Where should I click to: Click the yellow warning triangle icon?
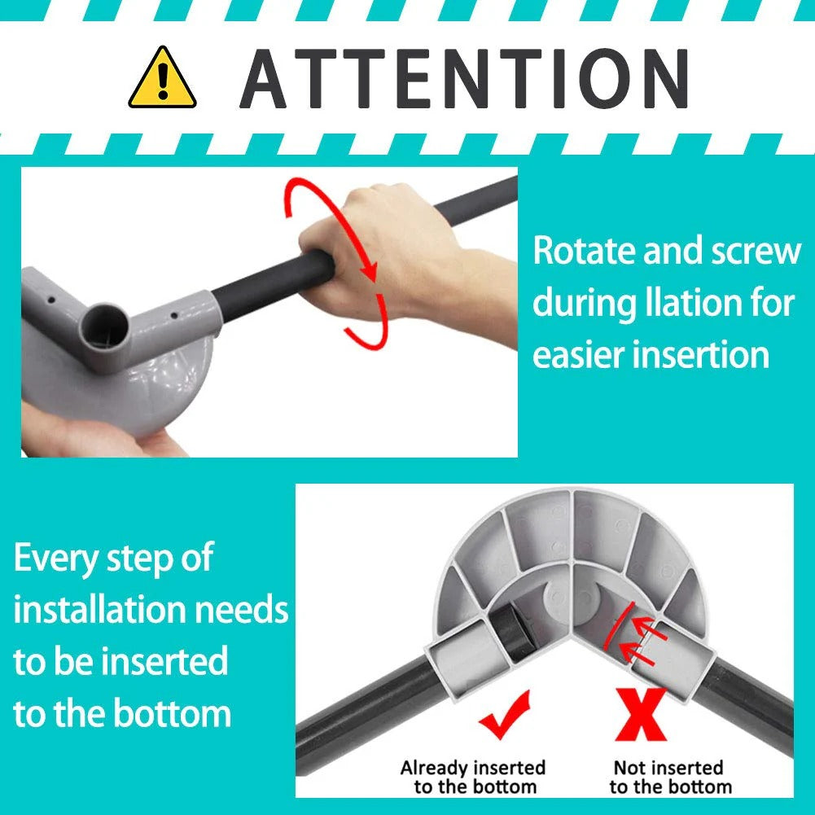pos(162,79)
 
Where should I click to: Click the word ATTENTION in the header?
pos(464,78)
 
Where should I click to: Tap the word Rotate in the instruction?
pos(585,251)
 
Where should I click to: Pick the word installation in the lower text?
pos(99,610)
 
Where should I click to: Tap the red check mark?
pos(505,714)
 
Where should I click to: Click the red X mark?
pos(641,714)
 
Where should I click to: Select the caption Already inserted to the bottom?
pos(473,777)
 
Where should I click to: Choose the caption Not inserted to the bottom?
pos(670,777)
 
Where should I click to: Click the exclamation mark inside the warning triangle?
pos(163,81)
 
